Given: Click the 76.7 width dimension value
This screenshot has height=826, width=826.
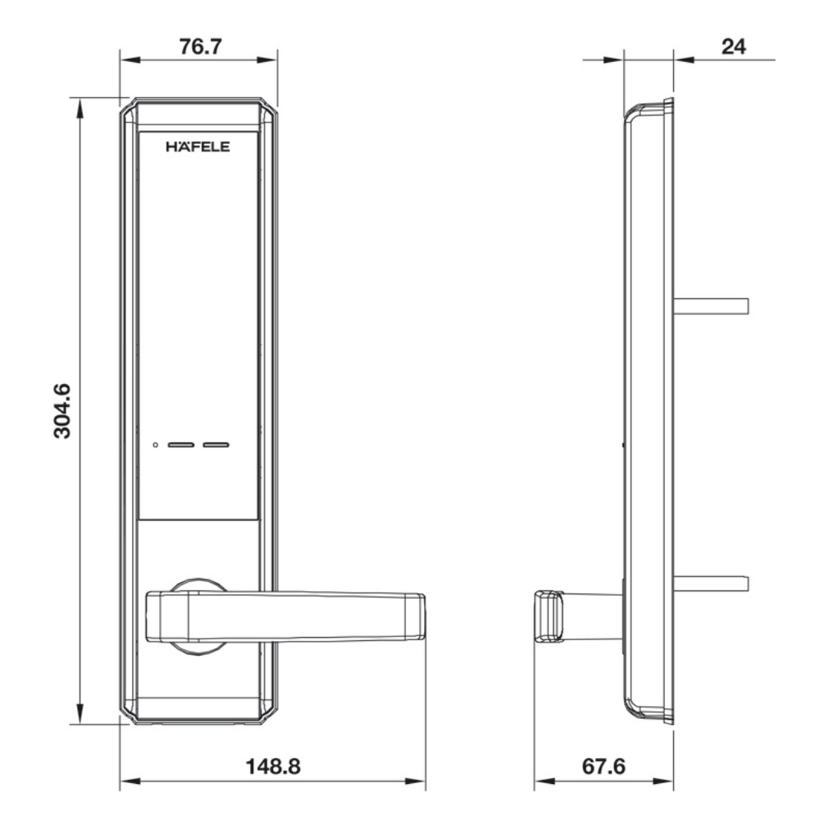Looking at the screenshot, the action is (200, 47).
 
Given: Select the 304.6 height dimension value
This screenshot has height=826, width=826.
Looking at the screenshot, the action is (62, 411).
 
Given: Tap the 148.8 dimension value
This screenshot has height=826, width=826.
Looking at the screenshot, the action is (273, 766).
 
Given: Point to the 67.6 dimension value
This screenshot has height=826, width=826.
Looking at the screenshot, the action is (603, 766).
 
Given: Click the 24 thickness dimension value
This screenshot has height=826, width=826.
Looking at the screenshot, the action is (733, 47).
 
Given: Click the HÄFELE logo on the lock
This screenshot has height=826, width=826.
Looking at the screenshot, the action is (198, 146).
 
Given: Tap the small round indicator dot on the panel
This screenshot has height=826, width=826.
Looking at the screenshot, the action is (155, 445).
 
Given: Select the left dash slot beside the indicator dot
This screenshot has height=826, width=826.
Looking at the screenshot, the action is (180, 445).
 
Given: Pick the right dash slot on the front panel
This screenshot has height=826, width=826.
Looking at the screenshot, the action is (216, 445).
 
